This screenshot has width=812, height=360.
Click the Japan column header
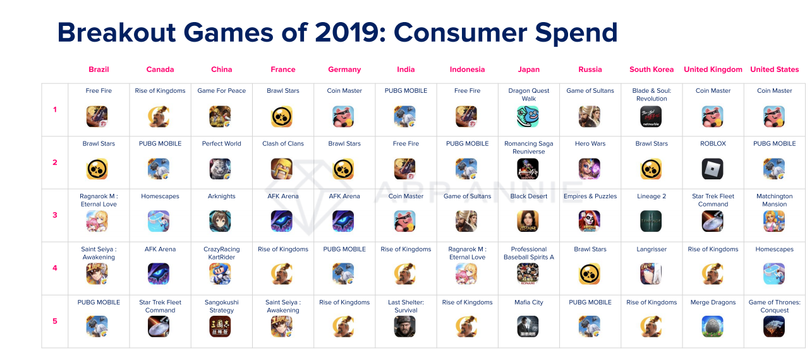pyautogui.click(x=529, y=69)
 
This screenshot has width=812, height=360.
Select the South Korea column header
pyautogui.click(x=651, y=69)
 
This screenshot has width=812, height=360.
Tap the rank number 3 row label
pyautogui.click(x=55, y=215)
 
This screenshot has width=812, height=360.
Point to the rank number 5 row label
pyautogui.click(x=55, y=321)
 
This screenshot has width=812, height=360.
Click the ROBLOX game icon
pyautogui.click(x=713, y=169)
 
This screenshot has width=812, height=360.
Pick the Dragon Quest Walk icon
pyautogui.click(x=529, y=116)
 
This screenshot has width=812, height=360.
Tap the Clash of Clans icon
pyautogui.click(x=282, y=169)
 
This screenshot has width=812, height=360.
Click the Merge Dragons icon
pyautogui.click(x=713, y=326)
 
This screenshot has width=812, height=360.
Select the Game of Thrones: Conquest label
pyautogui.click(x=774, y=306)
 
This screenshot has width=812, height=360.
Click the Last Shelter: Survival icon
pyautogui.click(x=406, y=326)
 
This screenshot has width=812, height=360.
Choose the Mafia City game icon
pyautogui.click(x=529, y=326)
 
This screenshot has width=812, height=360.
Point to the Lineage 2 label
pyautogui.click(x=651, y=196)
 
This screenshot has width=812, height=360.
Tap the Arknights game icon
pyautogui.click(x=221, y=221)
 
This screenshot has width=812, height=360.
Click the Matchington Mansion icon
pyautogui.click(x=774, y=221)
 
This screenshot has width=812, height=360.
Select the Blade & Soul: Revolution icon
pyautogui.click(x=651, y=116)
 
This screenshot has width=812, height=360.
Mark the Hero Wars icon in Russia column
pyautogui.click(x=590, y=169)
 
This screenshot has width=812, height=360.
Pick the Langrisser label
pyautogui.click(x=651, y=249)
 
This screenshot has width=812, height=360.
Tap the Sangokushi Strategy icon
pyautogui.click(x=221, y=326)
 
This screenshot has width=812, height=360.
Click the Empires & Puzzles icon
pyautogui.click(x=590, y=221)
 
